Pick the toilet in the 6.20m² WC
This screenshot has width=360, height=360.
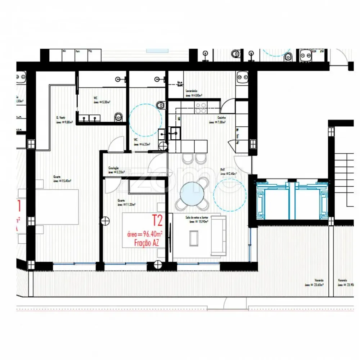(161, 105)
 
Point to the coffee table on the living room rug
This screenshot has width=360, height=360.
(194, 238)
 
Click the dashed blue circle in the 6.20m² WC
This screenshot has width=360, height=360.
(143, 120)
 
